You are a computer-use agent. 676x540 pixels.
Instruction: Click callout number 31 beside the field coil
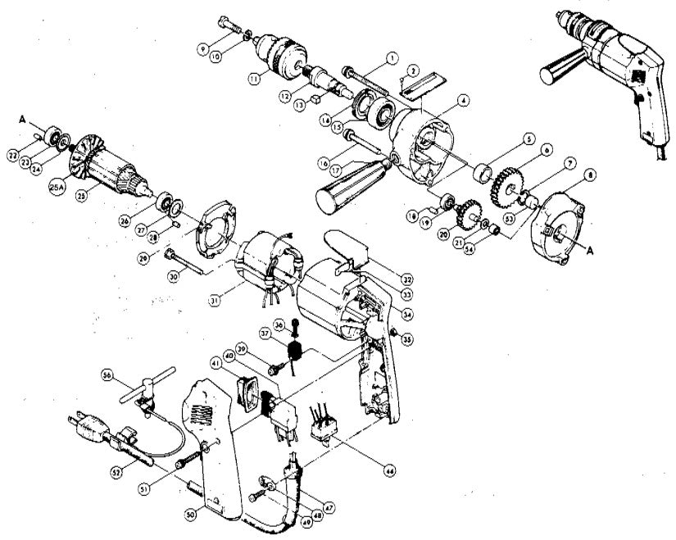click(215, 301)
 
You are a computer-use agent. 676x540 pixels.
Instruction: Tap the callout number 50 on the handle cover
click(190, 513)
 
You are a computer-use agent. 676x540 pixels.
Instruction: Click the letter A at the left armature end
click(25, 118)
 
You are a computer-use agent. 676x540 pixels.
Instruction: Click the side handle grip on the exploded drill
click(351, 187)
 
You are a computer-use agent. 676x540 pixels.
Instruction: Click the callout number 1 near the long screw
click(392, 57)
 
